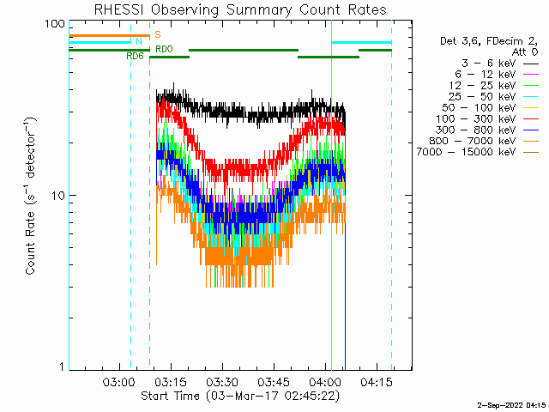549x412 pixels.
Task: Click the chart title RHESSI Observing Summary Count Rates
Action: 240,9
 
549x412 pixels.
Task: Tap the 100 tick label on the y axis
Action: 55,24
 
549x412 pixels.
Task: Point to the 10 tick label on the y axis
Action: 58,196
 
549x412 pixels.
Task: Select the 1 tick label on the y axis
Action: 63,367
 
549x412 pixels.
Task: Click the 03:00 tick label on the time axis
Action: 119,382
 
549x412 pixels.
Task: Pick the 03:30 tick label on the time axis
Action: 222,382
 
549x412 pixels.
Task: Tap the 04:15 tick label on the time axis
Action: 377,382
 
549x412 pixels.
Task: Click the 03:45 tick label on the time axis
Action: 274,382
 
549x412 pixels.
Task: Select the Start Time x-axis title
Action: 240,397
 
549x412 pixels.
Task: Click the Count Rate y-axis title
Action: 31,196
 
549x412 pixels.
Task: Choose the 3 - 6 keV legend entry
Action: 499,64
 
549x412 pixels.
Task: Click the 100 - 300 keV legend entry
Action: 487,118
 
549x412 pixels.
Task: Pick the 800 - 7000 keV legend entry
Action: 484,141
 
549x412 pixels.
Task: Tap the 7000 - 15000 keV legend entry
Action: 478,152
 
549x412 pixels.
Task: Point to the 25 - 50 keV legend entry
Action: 493,97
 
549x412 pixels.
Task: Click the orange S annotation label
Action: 158,34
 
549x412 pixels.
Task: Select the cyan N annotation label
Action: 139,41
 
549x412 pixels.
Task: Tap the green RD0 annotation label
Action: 164,49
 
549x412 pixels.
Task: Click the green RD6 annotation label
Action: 136,56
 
